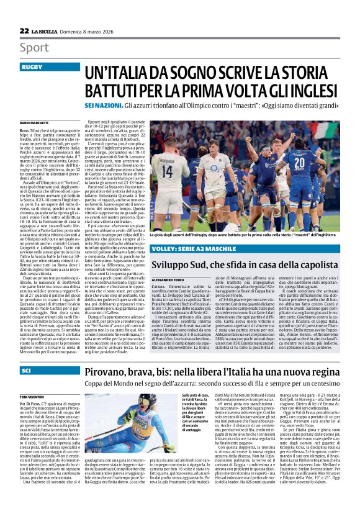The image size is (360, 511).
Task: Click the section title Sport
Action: point(34,47)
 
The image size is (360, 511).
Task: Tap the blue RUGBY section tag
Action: point(32,66)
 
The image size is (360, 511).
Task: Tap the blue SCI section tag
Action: point(27,353)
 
